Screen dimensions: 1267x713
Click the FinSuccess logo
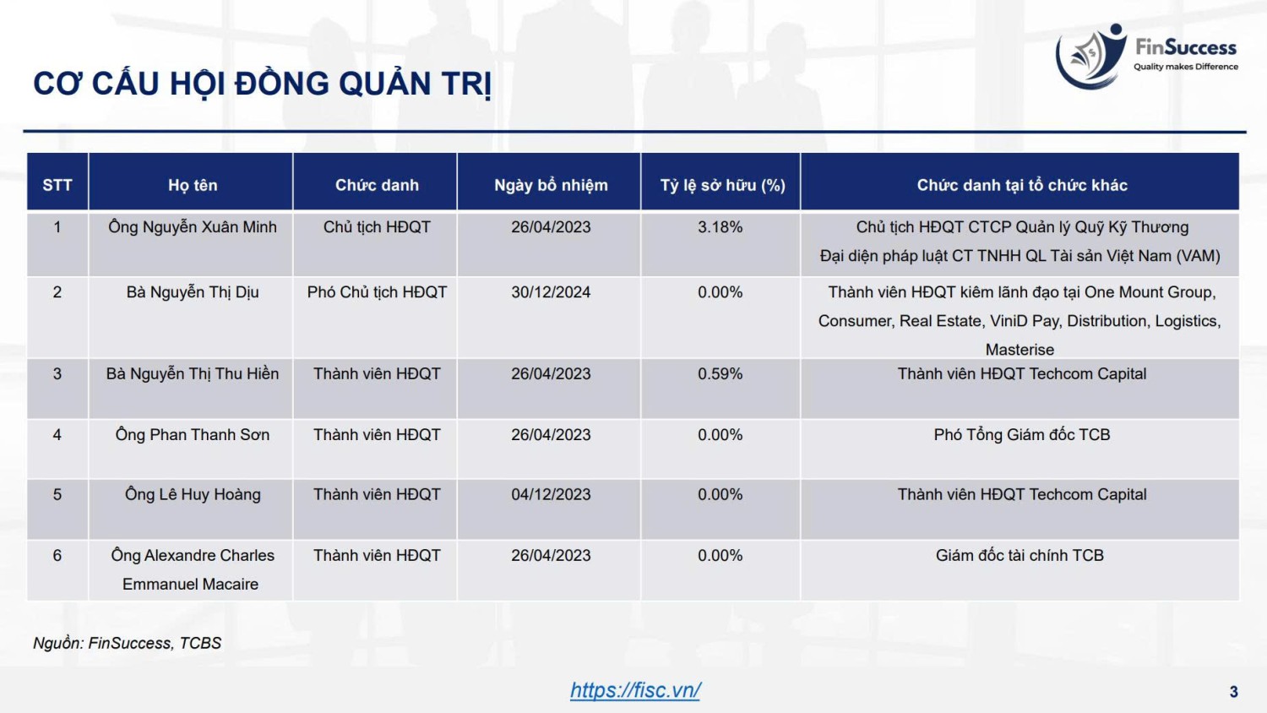coord(1146,56)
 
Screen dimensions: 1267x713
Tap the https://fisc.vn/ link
coord(635,690)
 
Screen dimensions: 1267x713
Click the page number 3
coord(1233,692)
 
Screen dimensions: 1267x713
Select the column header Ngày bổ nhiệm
coord(551,185)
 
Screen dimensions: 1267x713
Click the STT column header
coord(57,185)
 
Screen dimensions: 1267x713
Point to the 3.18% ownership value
coord(720,227)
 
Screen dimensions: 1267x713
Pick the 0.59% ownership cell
coord(720,373)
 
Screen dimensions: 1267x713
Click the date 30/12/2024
coord(551,292)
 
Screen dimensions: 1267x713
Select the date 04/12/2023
coord(551,494)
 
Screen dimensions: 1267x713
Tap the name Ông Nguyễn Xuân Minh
coord(193,227)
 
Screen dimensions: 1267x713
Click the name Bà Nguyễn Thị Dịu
coord(193,292)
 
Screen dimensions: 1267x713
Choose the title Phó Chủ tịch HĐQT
coord(377,292)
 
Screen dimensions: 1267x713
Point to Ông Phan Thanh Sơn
coord(193,434)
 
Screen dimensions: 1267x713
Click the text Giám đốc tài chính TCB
coord(1020,555)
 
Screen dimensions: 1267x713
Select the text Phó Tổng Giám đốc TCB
coord(1021,434)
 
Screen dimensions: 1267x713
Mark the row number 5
coord(57,494)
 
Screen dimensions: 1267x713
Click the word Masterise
coord(1020,350)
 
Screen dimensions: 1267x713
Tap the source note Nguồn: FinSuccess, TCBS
coord(127,643)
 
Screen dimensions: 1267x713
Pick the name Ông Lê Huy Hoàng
coord(193,494)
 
